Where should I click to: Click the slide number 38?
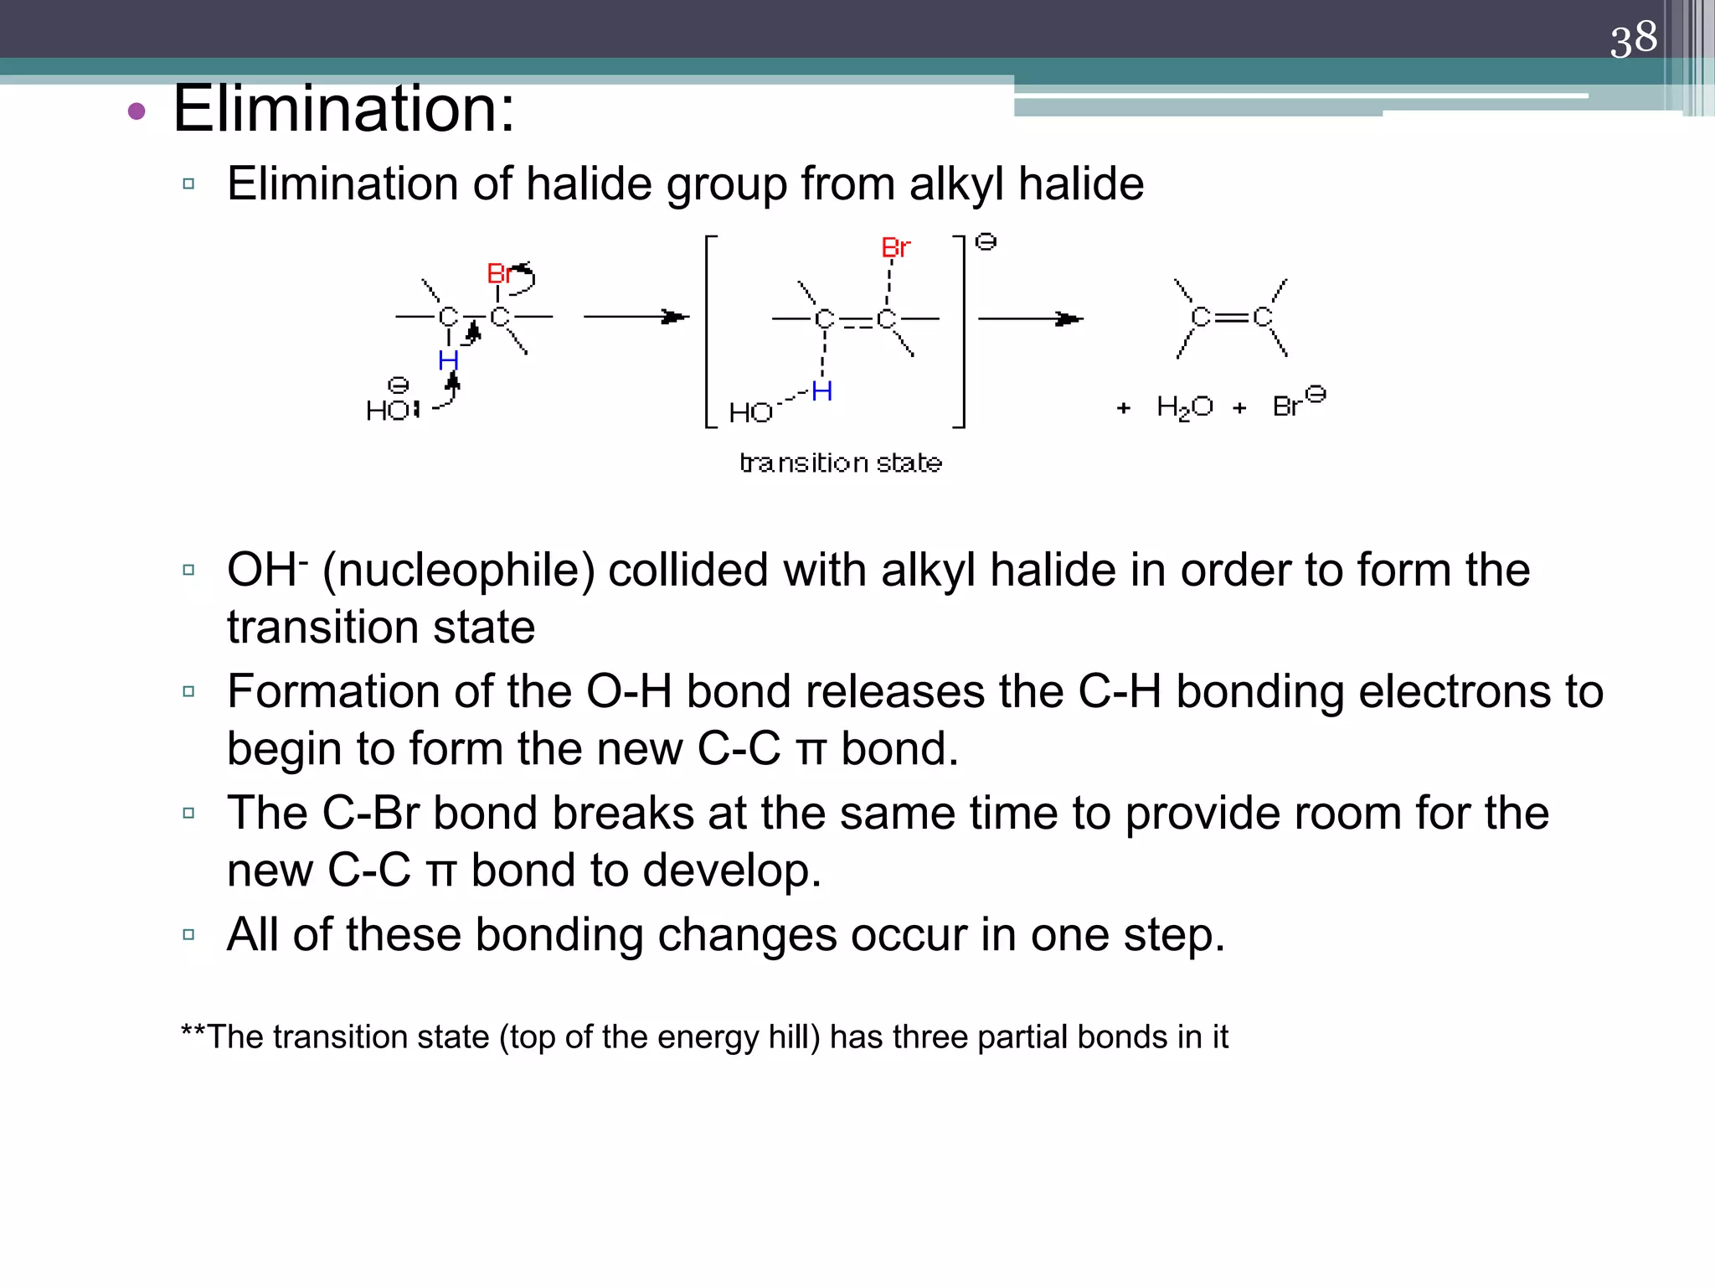[x=1633, y=39]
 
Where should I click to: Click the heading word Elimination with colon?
[x=343, y=109]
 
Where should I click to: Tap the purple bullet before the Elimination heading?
[x=136, y=111]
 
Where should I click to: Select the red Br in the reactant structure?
[x=499, y=273]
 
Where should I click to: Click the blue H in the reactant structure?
[x=448, y=361]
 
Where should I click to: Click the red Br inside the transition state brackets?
[x=895, y=248]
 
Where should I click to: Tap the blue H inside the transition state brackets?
[x=821, y=390]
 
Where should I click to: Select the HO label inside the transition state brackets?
[x=750, y=412]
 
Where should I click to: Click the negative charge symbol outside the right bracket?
[x=986, y=242]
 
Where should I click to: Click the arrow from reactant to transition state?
[x=636, y=317]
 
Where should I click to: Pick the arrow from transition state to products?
[x=1031, y=318]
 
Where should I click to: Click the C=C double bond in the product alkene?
[x=1231, y=317]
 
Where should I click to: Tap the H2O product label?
[x=1184, y=407]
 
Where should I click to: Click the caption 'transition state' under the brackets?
[x=841, y=463]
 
